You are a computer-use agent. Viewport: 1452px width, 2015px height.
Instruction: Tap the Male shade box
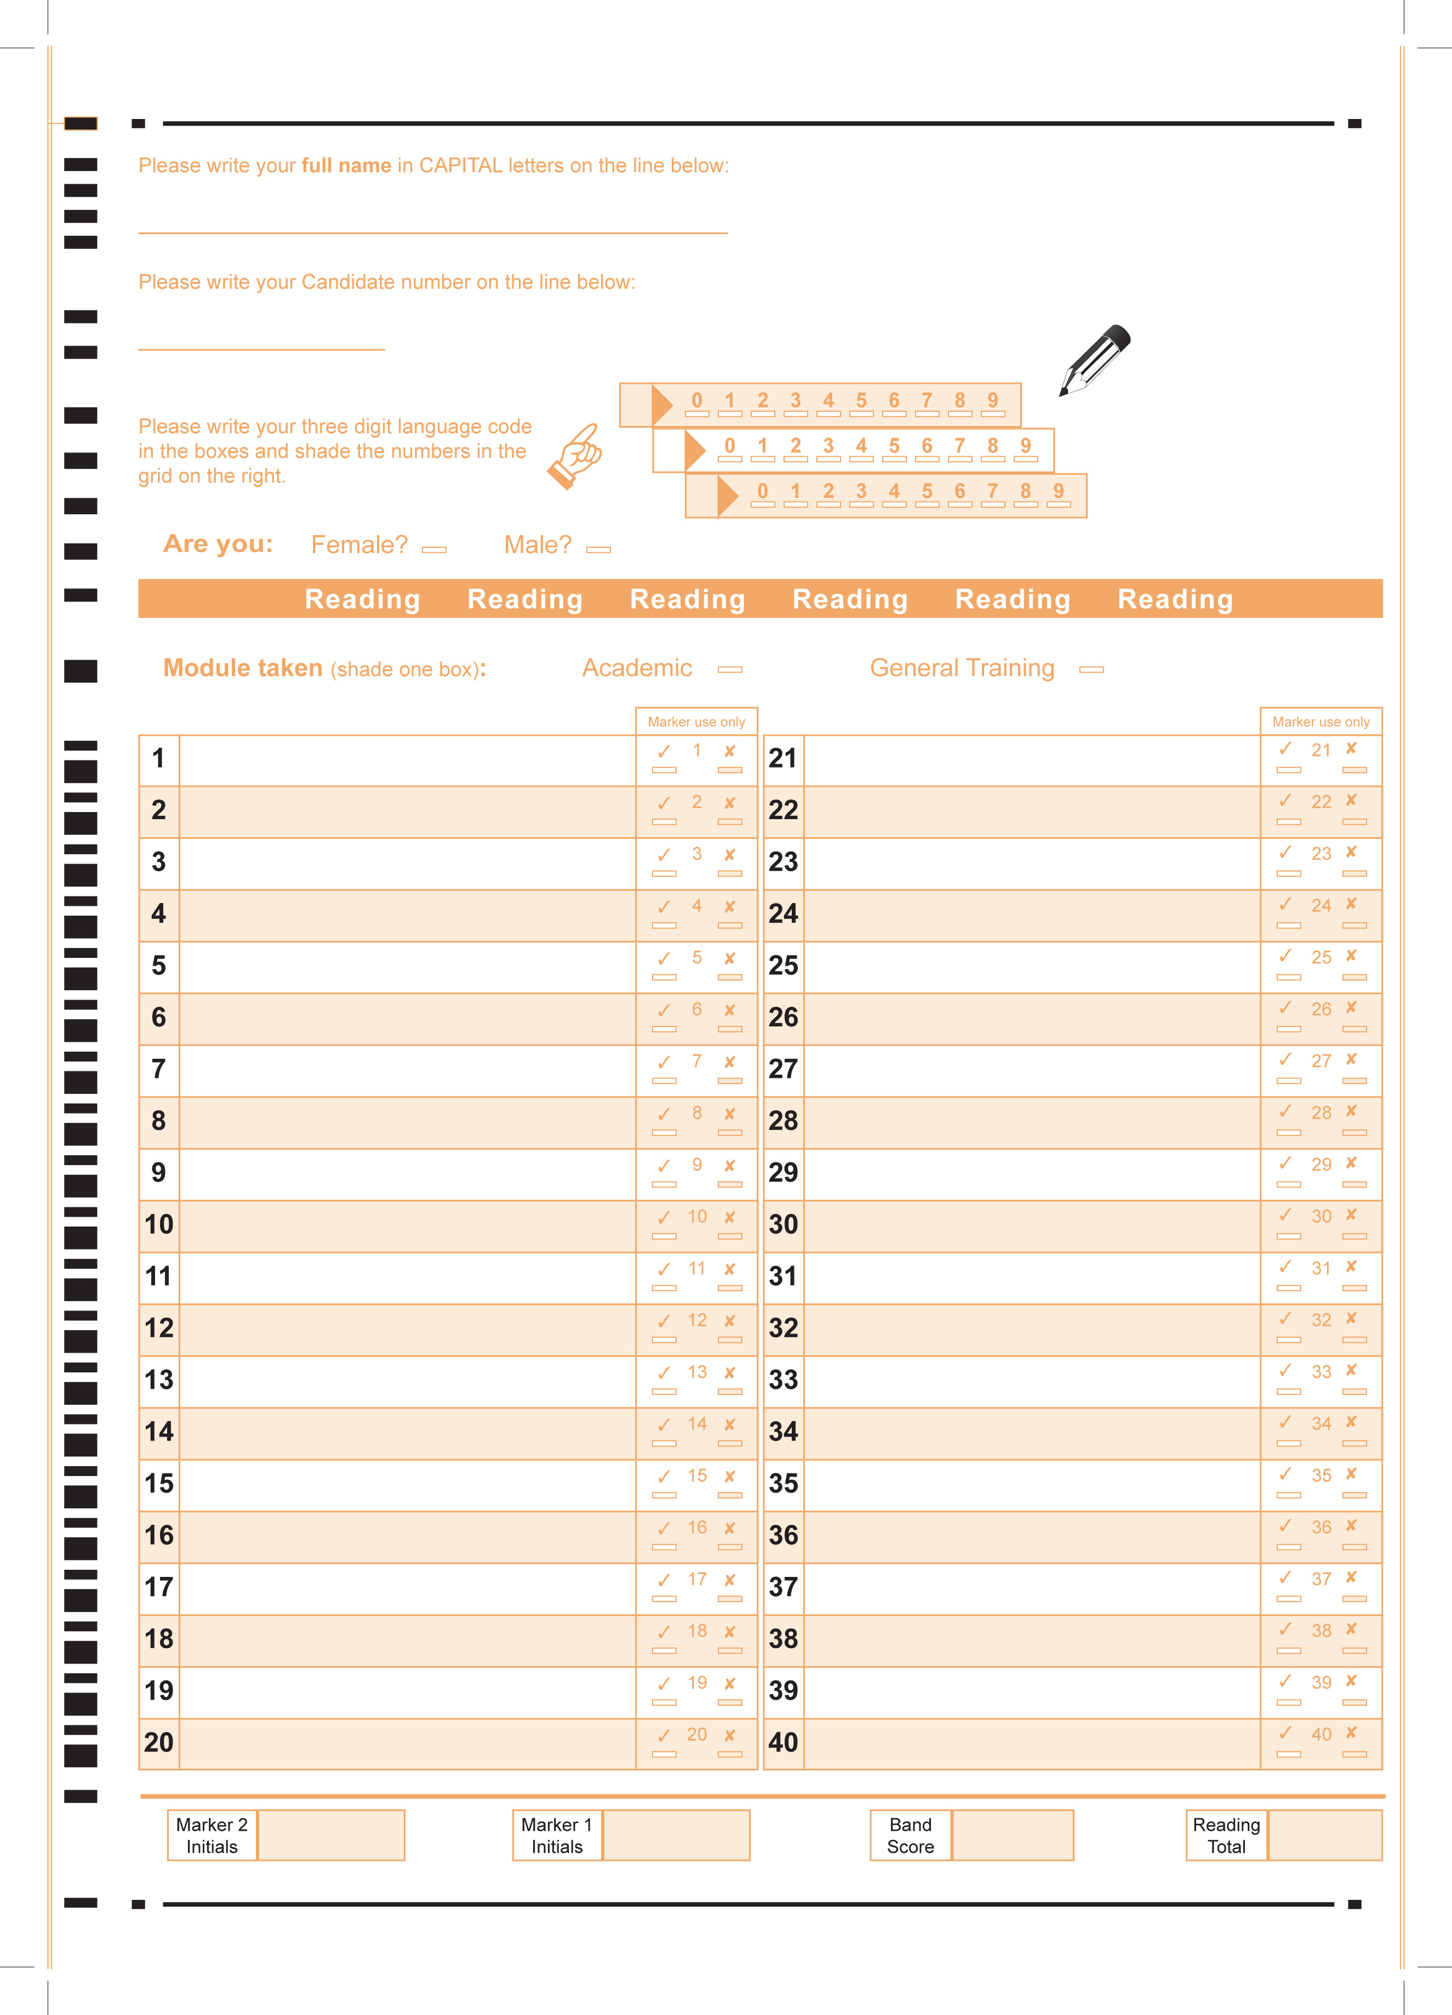pyautogui.click(x=598, y=550)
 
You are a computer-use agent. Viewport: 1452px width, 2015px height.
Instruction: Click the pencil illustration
pyautogui.click(x=1094, y=359)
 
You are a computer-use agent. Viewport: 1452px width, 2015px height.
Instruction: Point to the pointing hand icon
pyautogui.click(x=575, y=455)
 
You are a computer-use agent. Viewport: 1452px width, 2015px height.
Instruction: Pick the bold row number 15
pyautogui.click(x=159, y=1484)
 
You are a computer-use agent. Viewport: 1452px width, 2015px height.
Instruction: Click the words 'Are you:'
pyautogui.click(x=218, y=544)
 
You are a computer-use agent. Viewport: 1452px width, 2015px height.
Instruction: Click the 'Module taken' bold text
pyautogui.click(x=242, y=668)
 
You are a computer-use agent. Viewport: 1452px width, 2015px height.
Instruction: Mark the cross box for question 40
pyautogui.click(x=1353, y=1754)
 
